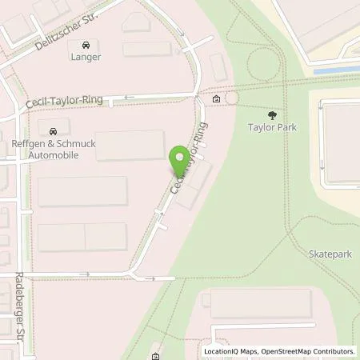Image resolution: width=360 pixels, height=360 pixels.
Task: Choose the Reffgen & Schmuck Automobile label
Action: pos(54,149)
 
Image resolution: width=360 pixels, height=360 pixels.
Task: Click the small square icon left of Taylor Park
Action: pos(217,98)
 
